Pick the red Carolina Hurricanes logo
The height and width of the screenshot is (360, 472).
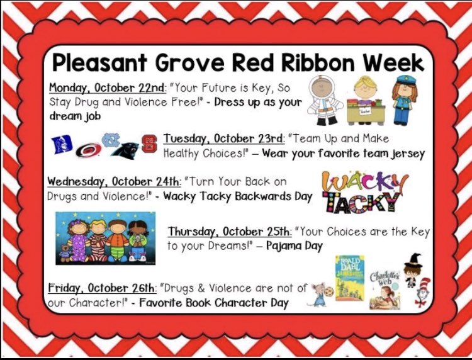(87, 150)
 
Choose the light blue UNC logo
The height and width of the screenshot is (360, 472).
(111, 140)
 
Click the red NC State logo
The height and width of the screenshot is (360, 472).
(149, 143)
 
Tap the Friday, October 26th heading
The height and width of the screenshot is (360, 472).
(102, 288)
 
